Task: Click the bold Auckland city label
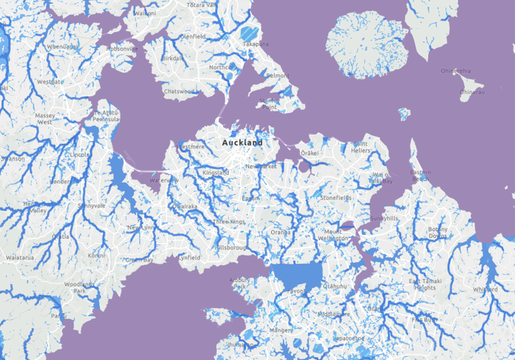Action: [x=242, y=142]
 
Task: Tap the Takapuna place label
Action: [x=256, y=44]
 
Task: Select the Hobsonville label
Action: [x=122, y=49]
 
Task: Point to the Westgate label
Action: [x=51, y=81]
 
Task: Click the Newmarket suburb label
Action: [x=261, y=166]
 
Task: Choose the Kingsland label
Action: [x=216, y=173]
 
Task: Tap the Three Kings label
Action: [x=229, y=221]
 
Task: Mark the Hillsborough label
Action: [x=232, y=248]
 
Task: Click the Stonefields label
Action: [x=336, y=197]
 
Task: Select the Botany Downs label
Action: [x=438, y=233]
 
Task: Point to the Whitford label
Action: [x=485, y=290]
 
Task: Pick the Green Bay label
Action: [x=139, y=260]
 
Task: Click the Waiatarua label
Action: [x=20, y=258]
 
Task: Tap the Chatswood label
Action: [x=181, y=92]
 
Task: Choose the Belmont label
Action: [x=277, y=76]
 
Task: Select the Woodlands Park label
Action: [x=80, y=287]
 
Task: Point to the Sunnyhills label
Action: [x=383, y=218]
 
